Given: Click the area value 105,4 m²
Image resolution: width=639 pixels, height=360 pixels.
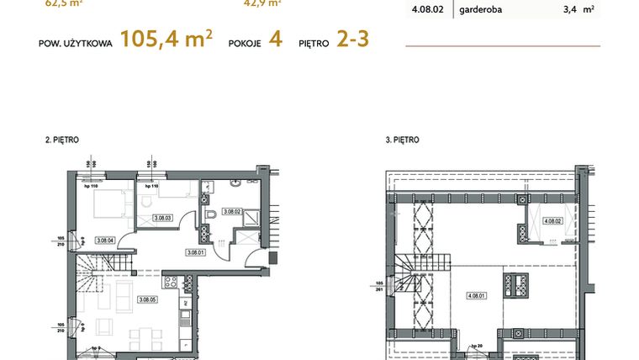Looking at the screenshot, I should pyautogui.click(x=166, y=40).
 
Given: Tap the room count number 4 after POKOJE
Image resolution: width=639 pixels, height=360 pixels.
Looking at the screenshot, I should pyautogui.click(x=275, y=40).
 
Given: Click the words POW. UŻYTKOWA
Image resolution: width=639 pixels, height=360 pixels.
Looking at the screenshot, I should pyautogui.click(x=76, y=42).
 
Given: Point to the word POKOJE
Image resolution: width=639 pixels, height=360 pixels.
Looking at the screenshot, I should pyautogui.click(x=245, y=42).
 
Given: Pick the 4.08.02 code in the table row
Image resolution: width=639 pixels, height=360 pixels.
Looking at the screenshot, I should pyautogui.click(x=427, y=11).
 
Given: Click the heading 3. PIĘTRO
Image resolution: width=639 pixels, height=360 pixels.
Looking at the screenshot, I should pyautogui.click(x=402, y=140).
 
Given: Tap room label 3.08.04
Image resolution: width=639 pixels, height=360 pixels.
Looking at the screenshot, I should pyautogui.click(x=105, y=240).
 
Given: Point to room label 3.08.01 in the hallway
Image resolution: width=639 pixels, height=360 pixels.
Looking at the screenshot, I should pyautogui.click(x=195, y=251).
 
